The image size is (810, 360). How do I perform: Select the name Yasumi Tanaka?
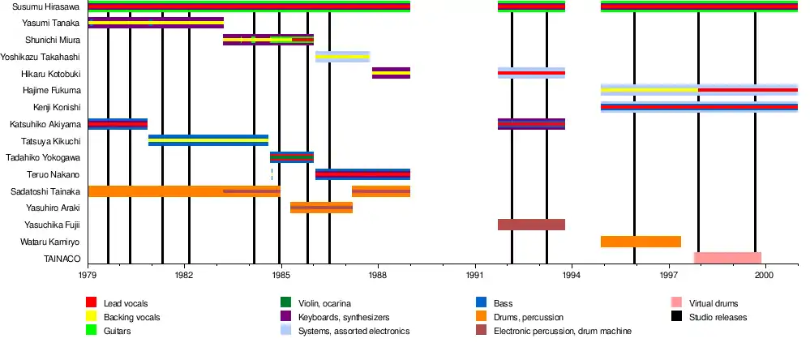pyautogui.click(x=51, y=23)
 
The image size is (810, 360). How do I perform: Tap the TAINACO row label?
pyautogui.click(x=62, y=259)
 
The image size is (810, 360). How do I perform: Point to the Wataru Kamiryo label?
pyautogui.click(x=49, y=242)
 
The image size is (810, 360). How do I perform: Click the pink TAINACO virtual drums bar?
pyautogui.click(x=727, y=258)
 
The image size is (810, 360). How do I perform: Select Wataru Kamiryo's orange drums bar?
pyautogui.click(x=641, y=242)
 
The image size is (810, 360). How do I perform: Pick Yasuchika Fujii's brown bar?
pyautogui.click(x=531, y=225)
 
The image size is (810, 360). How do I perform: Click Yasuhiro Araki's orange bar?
pyautogui.click(x=321, y=208)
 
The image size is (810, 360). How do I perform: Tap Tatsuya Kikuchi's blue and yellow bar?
pyautogui.click(x=208, y=140)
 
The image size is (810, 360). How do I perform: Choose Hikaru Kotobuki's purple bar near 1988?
pyautogui.click(x=391, y=73)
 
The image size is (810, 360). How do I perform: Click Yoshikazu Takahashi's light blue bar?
pyautogui.click(x=342, y=57)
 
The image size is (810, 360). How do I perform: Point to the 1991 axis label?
pyautogui.click(x=475, y=276)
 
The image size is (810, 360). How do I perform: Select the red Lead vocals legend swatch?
pyautogui.click(x=91, y=303)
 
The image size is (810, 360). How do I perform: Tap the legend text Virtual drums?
pyautogui.click(x=712, y=303)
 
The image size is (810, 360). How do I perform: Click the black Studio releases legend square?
pyautogui.click(x=677, y=317)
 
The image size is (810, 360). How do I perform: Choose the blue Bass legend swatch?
pyautogui.click(x=482, y=303)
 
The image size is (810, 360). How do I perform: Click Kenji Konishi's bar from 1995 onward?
pyautogui.click(x=699, y=107)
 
